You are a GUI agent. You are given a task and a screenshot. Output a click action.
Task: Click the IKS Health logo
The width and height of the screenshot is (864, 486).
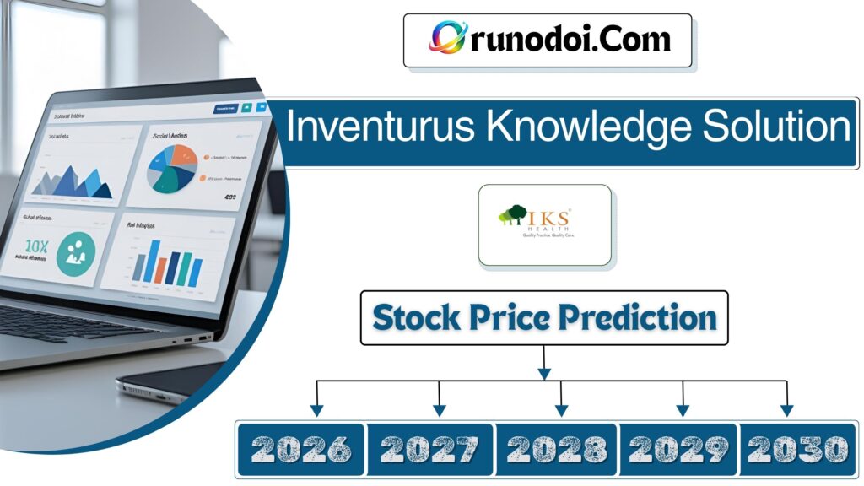[544, 224]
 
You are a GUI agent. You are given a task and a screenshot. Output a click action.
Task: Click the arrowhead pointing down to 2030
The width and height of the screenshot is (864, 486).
[786, 410]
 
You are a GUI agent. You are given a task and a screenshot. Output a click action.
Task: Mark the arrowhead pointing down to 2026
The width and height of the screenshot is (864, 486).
[316, 410]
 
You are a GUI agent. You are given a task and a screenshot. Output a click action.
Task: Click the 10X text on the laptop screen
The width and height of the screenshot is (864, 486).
[38, 246]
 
